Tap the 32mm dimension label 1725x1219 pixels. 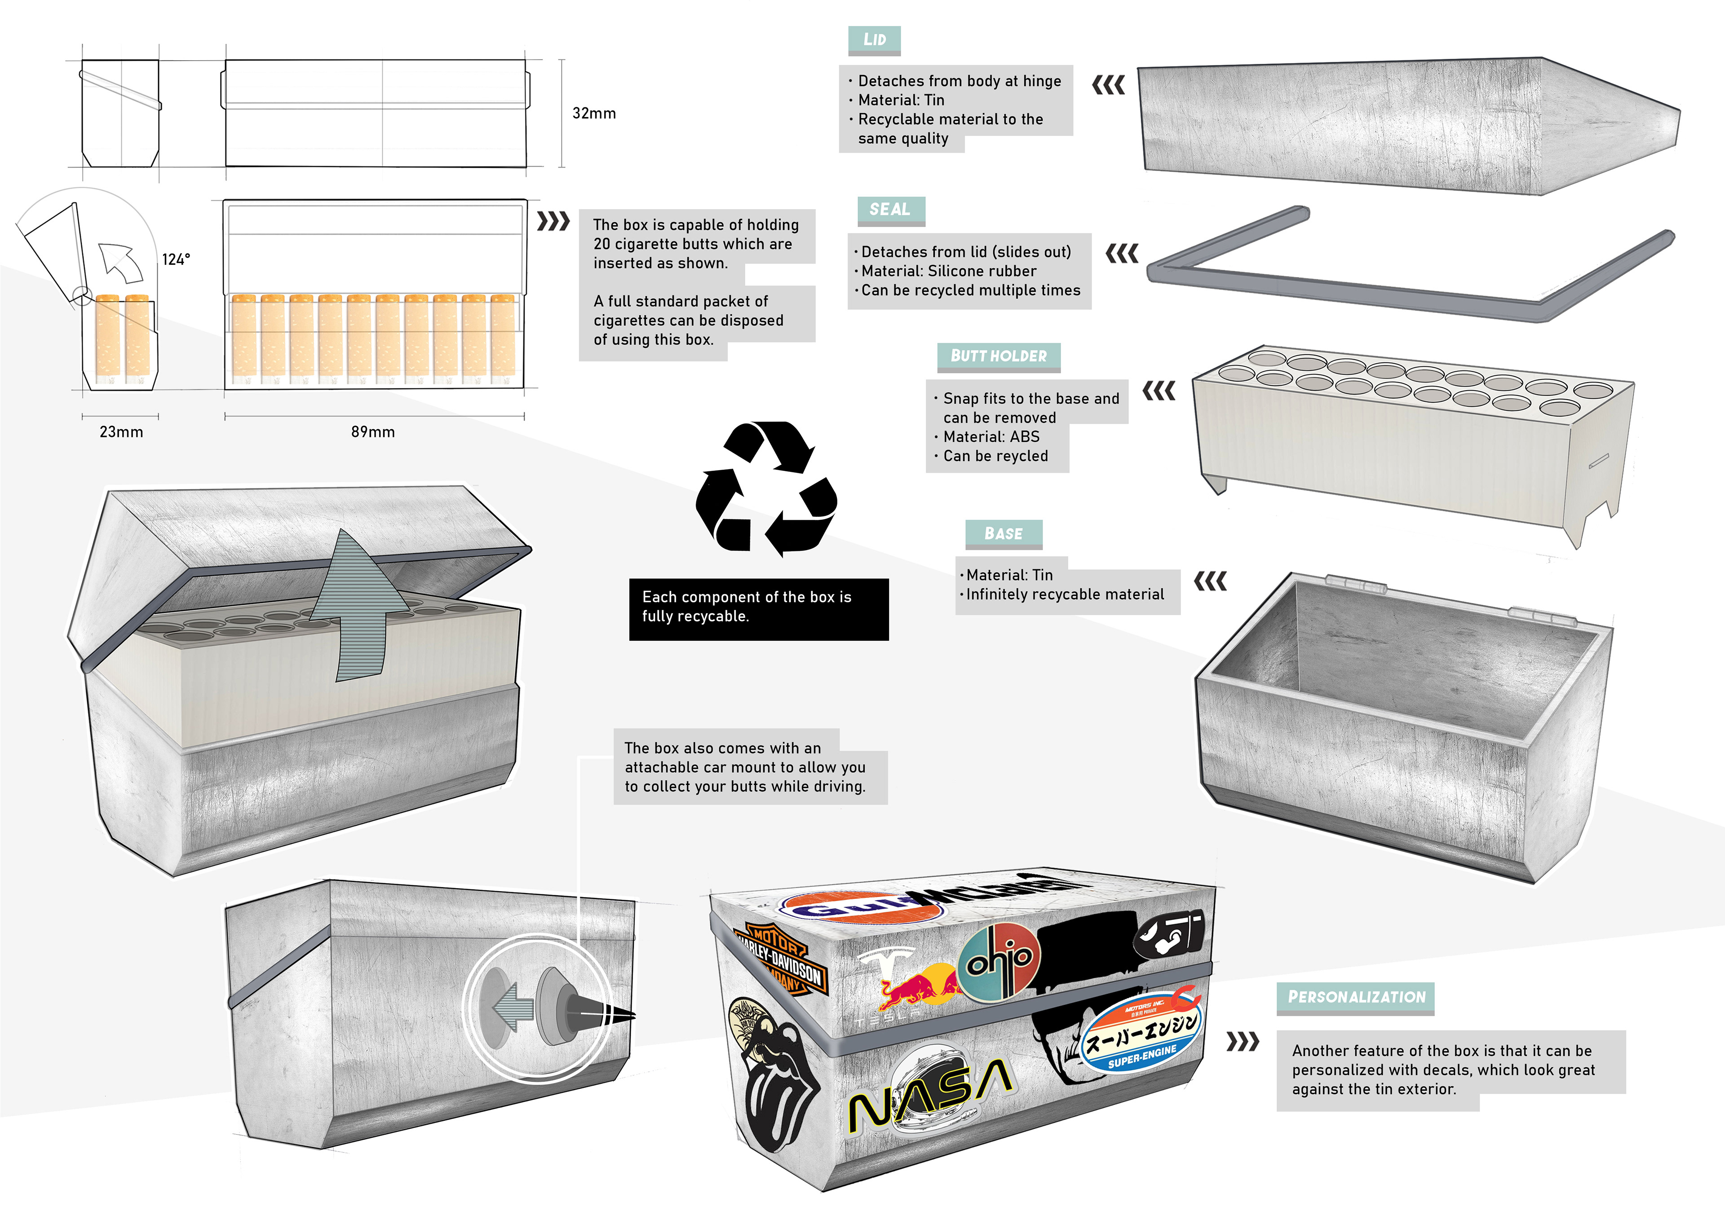pyautogui.click(x=593, y=114)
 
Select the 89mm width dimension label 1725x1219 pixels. pyautogui.click(x=373, y=432)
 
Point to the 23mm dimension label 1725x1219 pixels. pyautogui.click(x=121, y=432)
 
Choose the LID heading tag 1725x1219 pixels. pyautogui.click(x=874, y=40)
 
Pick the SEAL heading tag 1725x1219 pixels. pyautogui.click(x=890, y=210)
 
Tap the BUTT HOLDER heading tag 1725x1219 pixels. pyautogui.click(x=999, y=356)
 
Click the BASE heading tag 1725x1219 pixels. pyautogui.click(x=1003, y=533)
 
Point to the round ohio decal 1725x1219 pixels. pyautogui.click(x=999, y=961)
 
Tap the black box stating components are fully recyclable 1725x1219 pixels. pyautogui.click(x=758, y=608)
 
